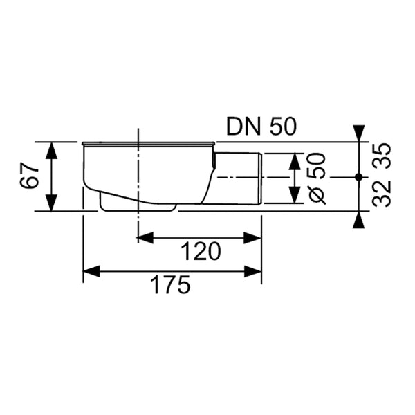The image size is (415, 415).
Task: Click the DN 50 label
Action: (261, 127)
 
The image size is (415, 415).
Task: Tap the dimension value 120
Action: (201, 252)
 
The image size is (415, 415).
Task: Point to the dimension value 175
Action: (170, 285)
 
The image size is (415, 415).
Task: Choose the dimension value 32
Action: (382, 193)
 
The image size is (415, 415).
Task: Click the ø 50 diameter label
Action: (317, 178)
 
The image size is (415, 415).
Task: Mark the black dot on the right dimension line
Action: (358, 177)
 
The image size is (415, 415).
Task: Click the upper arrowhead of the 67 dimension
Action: (51, 151)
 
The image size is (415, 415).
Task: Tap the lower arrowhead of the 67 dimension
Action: (51, 203)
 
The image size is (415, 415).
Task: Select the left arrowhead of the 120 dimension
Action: (145, 238)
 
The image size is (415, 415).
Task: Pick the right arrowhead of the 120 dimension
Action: (252, 238)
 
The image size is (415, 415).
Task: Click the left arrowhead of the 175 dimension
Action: (91, 271)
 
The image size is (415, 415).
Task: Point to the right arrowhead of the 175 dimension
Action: (252, 271)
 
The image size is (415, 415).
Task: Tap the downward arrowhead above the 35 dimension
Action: (359, 133)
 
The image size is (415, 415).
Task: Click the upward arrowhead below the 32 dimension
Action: (359, 220)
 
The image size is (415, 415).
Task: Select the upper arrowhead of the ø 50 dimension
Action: (295, 161)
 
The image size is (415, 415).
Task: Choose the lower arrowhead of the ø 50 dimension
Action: (295, 195)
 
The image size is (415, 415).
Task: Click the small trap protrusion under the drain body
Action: (138, 204)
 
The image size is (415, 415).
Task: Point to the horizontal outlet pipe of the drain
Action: (237, 178)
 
